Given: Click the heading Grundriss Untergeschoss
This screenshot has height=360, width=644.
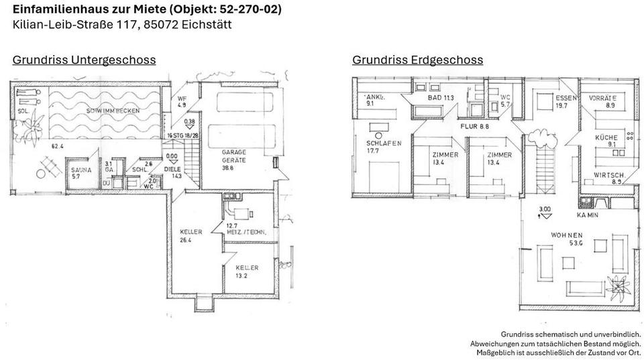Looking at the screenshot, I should click(x=84, y=60).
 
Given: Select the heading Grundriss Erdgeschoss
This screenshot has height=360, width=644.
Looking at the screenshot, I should click(x=417, y=60).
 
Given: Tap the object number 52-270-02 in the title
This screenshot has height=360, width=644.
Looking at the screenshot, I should click(x=246, y=9).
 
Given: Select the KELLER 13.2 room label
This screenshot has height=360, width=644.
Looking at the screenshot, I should click(x=246, y=271).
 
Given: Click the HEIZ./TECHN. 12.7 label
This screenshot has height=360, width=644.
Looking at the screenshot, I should click(x=246, y=229).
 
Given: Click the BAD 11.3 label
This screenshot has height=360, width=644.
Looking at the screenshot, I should click(x=441, y=98).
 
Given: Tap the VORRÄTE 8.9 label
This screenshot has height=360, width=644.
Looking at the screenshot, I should click(x=602, y=101).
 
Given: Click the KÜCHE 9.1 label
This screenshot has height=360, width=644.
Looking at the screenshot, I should click(x=606, y=140).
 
